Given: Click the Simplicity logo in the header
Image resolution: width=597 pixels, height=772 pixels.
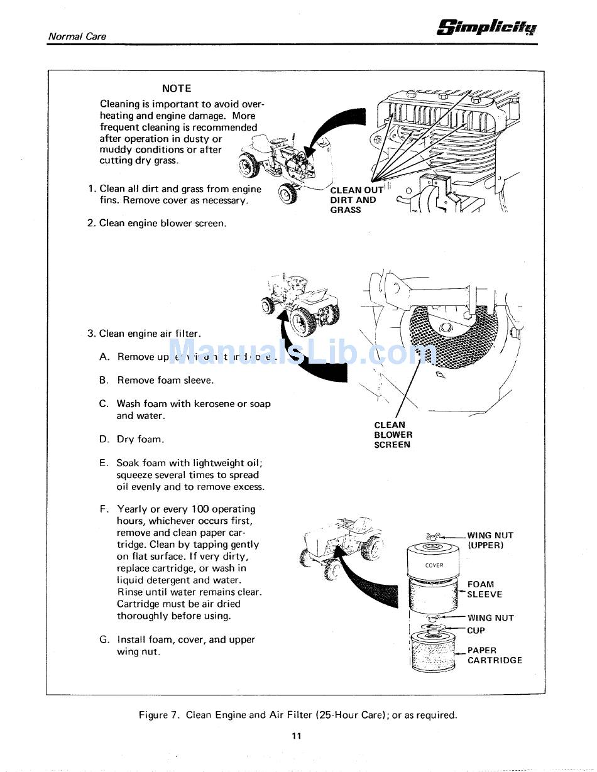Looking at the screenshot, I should [488, 28].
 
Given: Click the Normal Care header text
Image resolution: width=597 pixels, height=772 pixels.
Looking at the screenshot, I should [77, 36].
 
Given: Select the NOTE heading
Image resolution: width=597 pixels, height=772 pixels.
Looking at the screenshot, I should [176, 89].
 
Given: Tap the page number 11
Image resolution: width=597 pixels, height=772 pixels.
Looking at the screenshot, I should [297, 736].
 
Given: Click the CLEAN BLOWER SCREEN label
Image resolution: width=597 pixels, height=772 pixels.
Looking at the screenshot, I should [393, 435].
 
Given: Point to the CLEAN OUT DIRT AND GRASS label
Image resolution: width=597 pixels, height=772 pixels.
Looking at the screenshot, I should [356, 200].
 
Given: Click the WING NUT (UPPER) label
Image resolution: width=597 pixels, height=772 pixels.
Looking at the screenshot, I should [490, 540].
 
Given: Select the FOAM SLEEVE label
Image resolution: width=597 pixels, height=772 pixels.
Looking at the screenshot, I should [485, 589].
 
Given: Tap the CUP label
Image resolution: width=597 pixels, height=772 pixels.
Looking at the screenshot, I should [476, 631].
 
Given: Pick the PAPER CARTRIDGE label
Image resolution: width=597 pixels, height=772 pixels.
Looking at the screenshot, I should [494, 655].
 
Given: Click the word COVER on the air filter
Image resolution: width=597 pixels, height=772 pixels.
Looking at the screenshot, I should [434, 565].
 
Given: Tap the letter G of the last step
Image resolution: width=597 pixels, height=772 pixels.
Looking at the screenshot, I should [104, 639].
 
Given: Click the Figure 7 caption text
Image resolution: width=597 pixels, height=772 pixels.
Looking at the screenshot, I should [298, 715].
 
